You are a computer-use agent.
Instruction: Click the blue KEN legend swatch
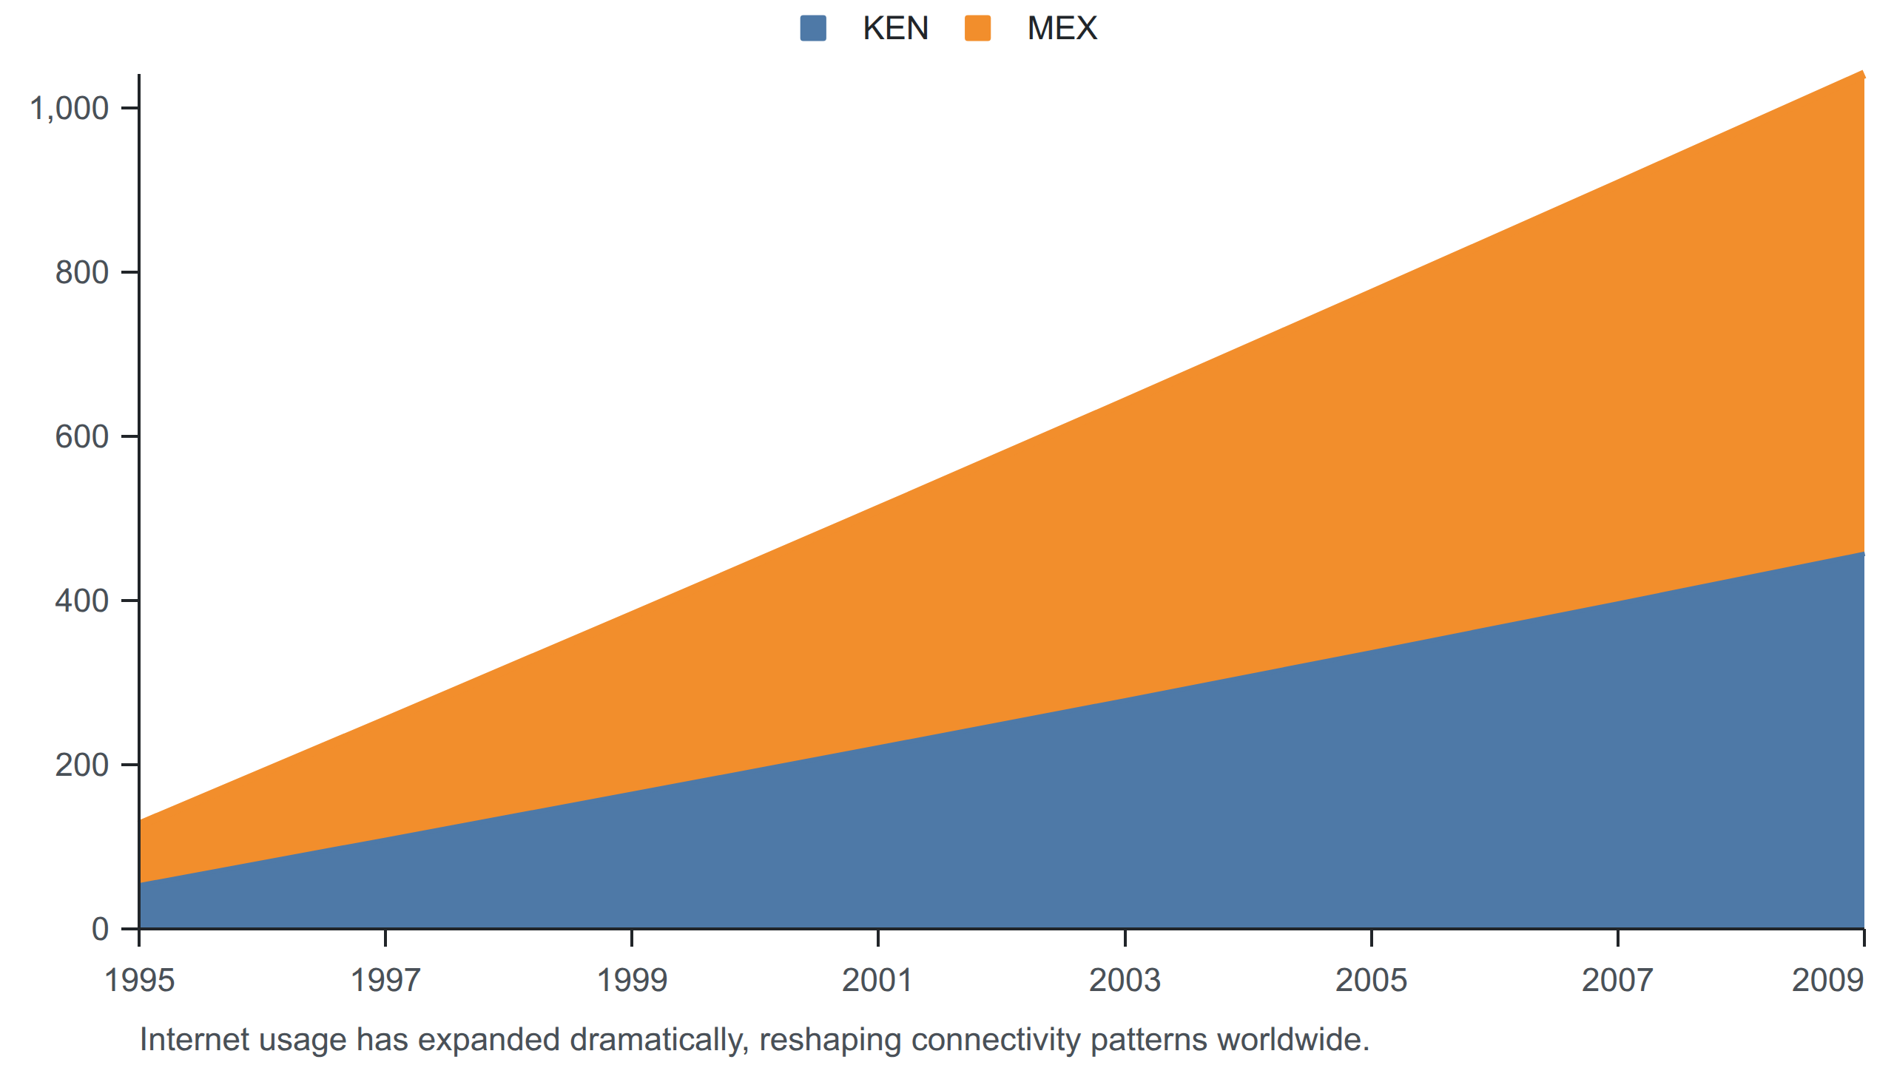click(813, 29)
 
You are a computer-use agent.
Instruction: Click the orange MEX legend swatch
click(977, 29)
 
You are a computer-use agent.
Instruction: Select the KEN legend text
click(895, 29)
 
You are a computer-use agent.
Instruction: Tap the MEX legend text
click(1062, 29)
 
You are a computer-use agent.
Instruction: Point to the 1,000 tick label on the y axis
click(69, 109)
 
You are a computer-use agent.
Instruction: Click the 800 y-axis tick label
click(82, 273)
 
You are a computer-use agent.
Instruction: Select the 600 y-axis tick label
click(82, 437)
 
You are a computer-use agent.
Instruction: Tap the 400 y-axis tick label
click(82, 601)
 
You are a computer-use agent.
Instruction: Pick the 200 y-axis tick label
click(82, 765)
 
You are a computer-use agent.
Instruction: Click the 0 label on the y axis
click(101, 930)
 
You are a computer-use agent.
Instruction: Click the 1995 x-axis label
click(139, 981)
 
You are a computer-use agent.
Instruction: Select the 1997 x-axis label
click(385, 981)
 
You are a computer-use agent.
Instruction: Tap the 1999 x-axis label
click(632, 981)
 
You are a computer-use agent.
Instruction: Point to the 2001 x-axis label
click(878, 981)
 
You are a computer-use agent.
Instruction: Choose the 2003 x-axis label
click(1125, 981)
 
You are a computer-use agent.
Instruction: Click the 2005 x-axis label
click(1371, 981)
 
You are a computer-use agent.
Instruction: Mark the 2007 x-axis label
click(1617, 981)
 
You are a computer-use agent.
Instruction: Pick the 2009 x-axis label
click(1827, 981)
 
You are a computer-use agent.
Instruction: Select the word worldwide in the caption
click(1293, 1040)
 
